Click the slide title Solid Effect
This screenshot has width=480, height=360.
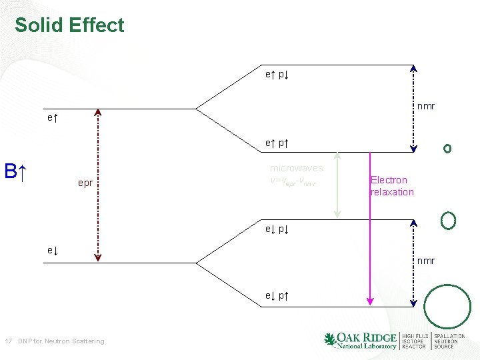coord(69,25)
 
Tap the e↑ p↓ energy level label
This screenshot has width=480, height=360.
coord(276,75)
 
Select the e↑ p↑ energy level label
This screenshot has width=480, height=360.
coord(276,143)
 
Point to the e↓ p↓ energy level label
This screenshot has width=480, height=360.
coord(276,229)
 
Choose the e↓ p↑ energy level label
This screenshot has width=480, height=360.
coord(276,295)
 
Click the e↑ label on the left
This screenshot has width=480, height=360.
coord(52,118)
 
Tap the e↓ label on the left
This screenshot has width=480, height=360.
coord(52,250)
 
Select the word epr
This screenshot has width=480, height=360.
coord(85,183)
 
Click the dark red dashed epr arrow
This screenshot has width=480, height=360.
coord(98,183)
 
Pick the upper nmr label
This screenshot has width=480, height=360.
coord(426,105)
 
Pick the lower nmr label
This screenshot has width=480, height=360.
coord(426,261)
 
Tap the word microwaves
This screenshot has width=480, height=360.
coord(296,168)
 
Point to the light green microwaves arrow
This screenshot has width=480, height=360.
coord(337,185)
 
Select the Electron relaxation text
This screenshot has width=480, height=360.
coord(392,186)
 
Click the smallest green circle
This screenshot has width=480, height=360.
coord(447,148)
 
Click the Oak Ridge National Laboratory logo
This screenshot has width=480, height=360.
coord(360,340)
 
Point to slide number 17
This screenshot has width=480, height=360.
coord(9,341)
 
